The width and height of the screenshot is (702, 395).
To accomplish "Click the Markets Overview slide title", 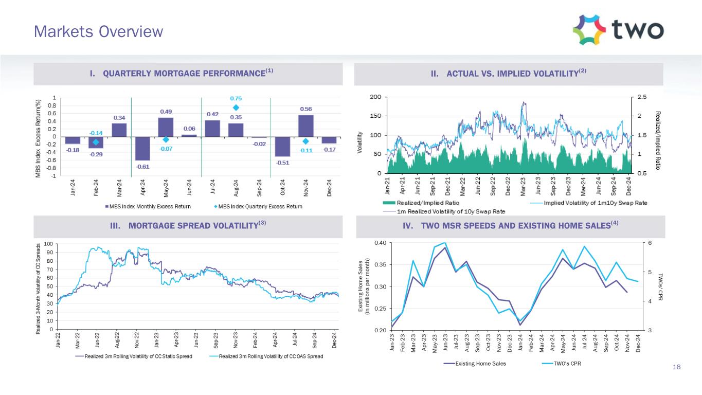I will (x=98, y=32).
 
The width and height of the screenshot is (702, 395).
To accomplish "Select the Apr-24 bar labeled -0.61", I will (x=142, y=148).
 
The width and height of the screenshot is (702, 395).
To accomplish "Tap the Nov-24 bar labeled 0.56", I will (x=305, y=125).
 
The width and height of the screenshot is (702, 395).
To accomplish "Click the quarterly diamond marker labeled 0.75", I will (x=236, y=107).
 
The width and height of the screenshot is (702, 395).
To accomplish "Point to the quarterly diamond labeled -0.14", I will (x=96, y=142).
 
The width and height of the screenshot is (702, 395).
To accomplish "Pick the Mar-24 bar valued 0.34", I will (x=119, y=130).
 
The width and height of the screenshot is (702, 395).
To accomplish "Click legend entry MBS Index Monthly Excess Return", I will (x=148, y=206).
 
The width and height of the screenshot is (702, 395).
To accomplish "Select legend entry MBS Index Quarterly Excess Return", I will (x=257, y=206).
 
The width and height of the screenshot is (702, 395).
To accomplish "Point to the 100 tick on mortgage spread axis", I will (x=47, y=244).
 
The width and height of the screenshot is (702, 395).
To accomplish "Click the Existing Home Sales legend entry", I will (x=477, y=364).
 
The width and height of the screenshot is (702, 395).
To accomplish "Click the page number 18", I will (x=676, y=367).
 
